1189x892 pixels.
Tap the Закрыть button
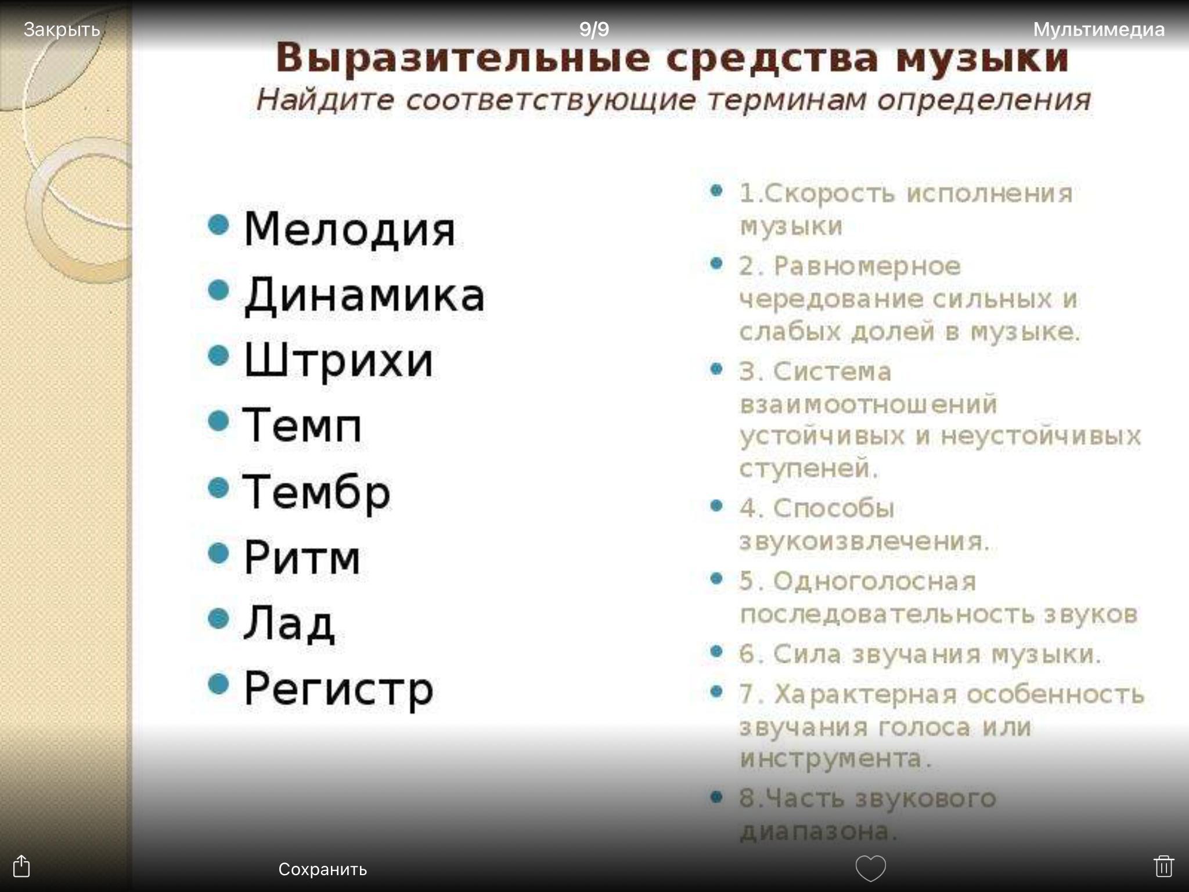(x=62, y=30)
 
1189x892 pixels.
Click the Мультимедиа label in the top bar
(x=1098, y=30)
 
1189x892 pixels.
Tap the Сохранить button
(x=322, y=869)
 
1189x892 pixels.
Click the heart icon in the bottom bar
(x=870, y=868)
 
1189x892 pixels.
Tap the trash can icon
(x=1163, y=866)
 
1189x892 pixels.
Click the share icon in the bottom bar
(x=21, y=865)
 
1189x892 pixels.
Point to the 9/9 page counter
(x=594, y=29)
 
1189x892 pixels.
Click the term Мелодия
(x=350, y=230)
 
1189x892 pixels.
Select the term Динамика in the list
(x=364, y=296)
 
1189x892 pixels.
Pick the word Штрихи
(x=338, y=360)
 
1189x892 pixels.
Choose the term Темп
(x=302, y=425)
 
